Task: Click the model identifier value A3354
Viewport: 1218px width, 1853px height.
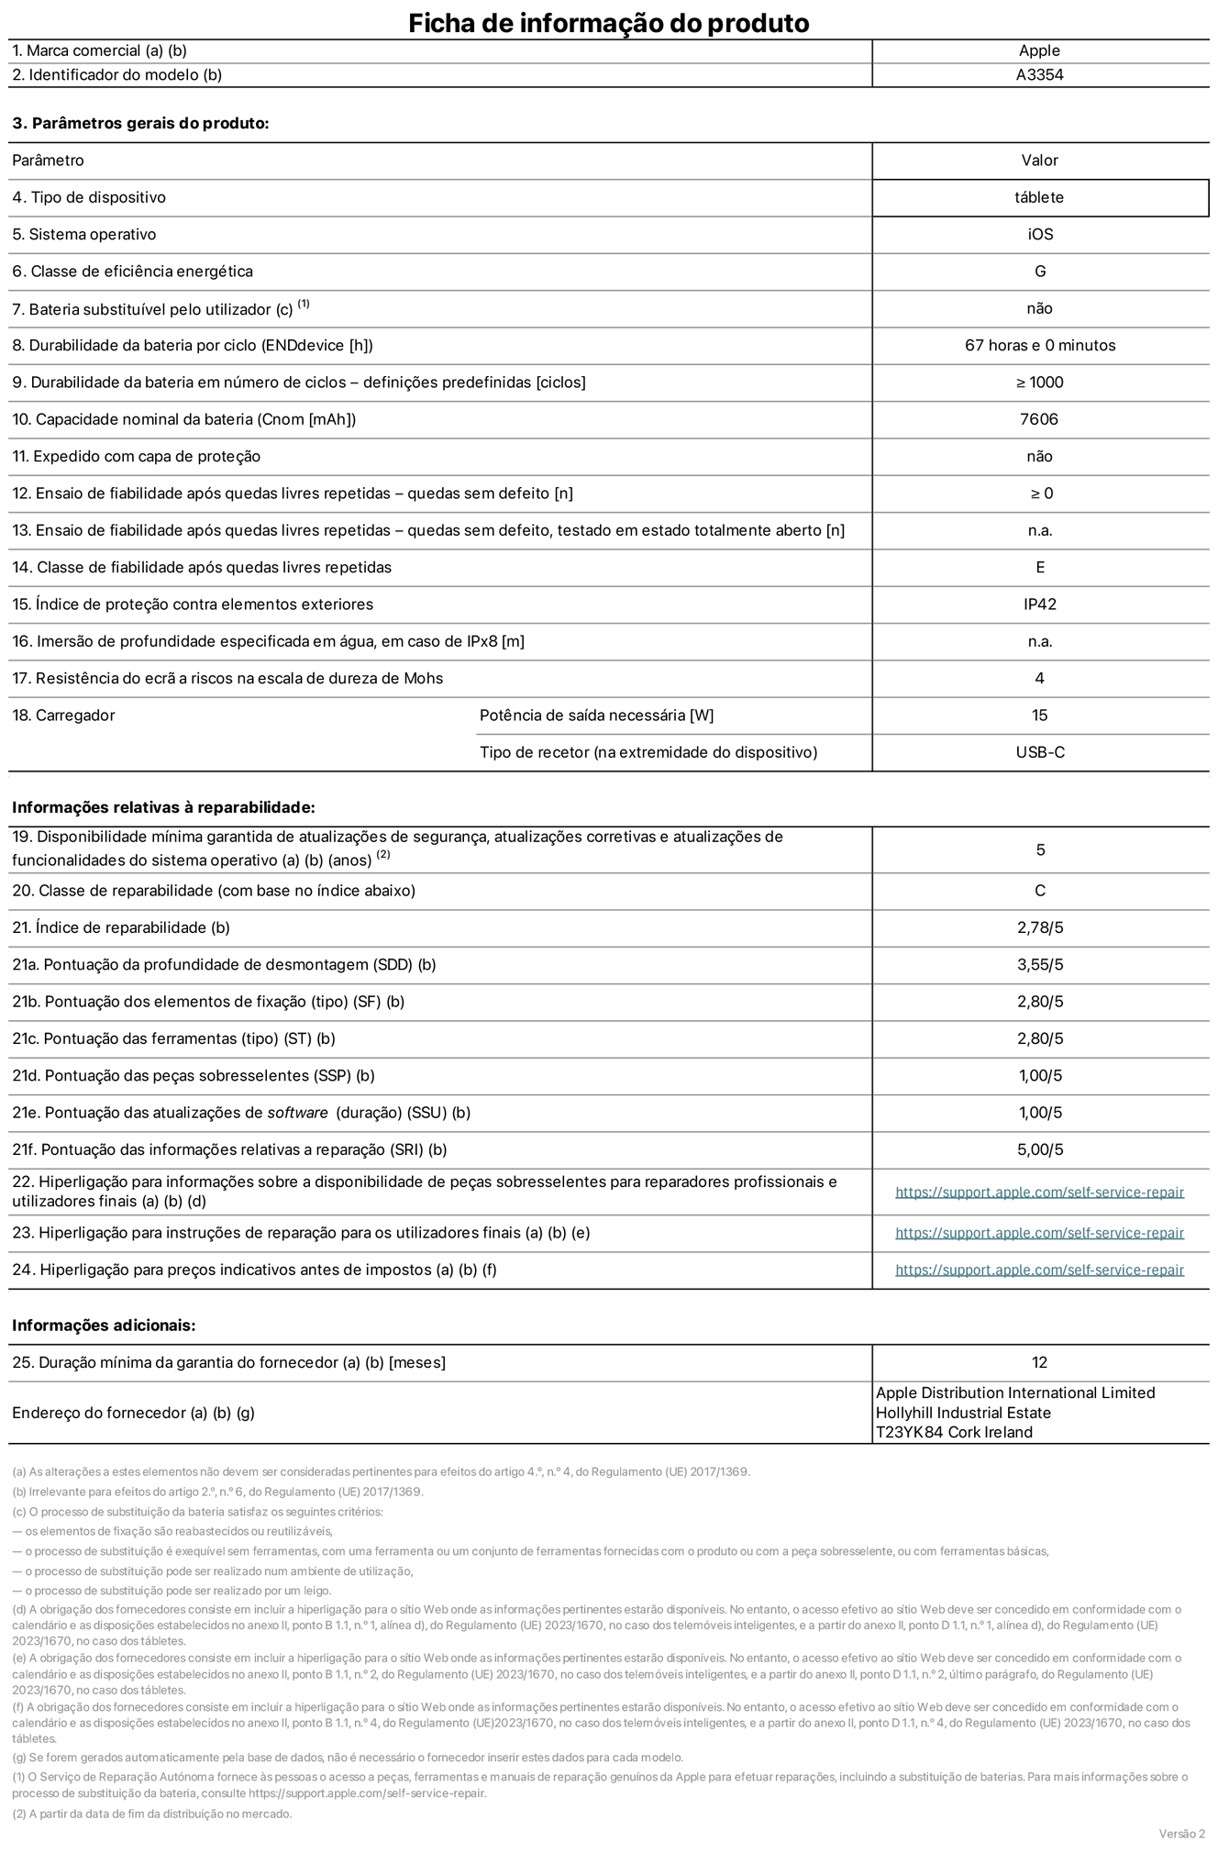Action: coord(1039,75)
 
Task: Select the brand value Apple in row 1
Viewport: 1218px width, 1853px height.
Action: coord(1039,51)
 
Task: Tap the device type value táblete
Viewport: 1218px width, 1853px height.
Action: coord(1039,197)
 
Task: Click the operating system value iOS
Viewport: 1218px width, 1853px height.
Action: coord(1039,235)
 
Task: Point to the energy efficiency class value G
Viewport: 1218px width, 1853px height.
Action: coord(1039,272)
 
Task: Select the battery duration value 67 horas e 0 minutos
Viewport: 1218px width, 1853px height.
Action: coord(1039,346)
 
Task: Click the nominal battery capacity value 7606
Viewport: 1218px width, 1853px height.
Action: coord(1039,419)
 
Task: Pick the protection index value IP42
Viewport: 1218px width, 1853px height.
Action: coord(1039,605)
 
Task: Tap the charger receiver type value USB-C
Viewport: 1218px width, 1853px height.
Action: coord(1039,752)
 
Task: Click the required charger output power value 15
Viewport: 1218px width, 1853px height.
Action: coord(1039,716)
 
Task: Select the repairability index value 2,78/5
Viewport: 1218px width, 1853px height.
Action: coord(1039,927)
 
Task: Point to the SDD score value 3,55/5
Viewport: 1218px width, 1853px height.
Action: coord(1039,965)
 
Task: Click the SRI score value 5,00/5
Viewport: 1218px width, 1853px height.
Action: coord(1039,1149)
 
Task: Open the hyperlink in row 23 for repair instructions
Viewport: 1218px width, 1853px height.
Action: coord(1039,1233)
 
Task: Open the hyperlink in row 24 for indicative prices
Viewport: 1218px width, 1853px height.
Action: coord(1039,1270)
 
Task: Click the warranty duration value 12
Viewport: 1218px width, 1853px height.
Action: coord(1039,1363)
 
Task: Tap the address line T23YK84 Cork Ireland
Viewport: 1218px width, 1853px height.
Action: coord(954,1432)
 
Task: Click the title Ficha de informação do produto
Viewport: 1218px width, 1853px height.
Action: coord(608,22)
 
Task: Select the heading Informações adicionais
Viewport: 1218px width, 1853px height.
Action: coord(104,1326)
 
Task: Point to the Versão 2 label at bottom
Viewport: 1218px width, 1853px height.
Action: coord(1181,1834)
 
